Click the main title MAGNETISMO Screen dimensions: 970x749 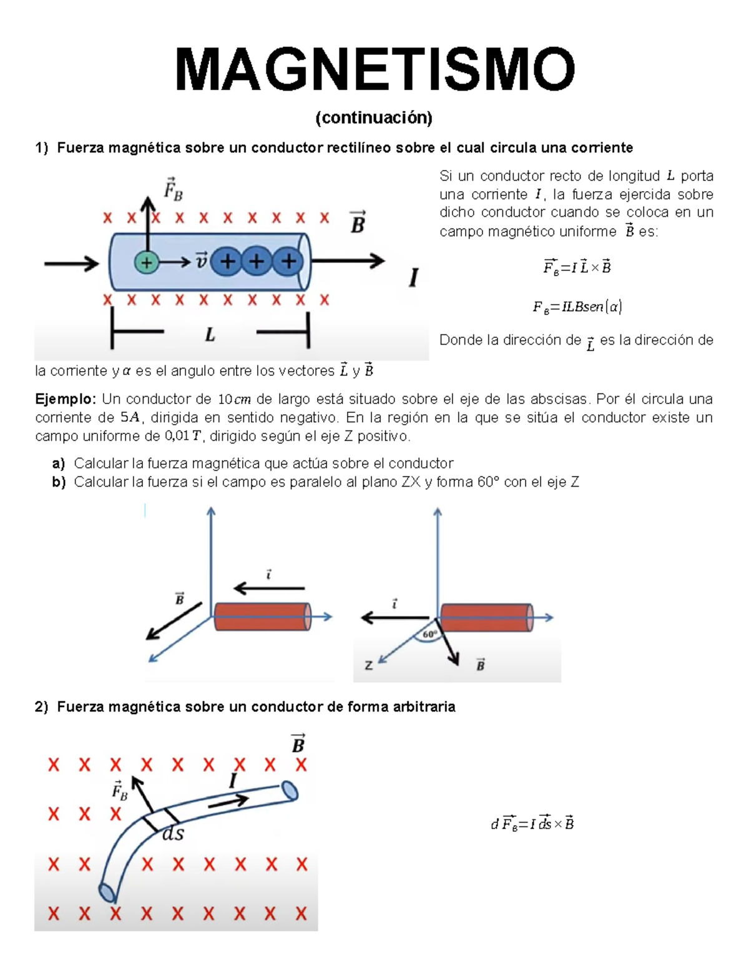pyautogui.click(x=374, y=70)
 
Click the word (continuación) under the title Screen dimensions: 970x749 pyautogui.click(x=374, y=117)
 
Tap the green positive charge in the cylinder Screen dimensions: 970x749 pyautogui.click(x=147, y=262)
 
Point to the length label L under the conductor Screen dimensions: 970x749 pyautogui.click(x=210, y=335)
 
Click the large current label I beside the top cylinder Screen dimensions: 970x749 pyautogui.click(x=413, y=277)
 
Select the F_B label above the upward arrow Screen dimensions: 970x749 pyautogui.click(x=173, y=189)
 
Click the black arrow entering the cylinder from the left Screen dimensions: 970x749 pyautogui.click(x=71, y=264)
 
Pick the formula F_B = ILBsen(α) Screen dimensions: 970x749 pyautogui.click(x=577, y=307)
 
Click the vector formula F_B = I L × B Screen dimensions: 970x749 pyautogui.click(x=577, y=267)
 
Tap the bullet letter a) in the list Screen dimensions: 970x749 pyautogui.click(x=59, y=463)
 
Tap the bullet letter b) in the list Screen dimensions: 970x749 pyautogui.click(x=59, y=482)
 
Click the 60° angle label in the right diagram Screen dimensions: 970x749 pyautogui.click(x=430, y=635)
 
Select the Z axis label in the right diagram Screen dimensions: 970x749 pyautogui.click(x=369, y=666)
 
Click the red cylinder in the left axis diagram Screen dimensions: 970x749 pyautogui.click(x=262, y=616)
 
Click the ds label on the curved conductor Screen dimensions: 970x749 pyautogui.click(x=173, y=834)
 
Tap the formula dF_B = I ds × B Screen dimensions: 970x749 pyautogui.click(x=532, y=824)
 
